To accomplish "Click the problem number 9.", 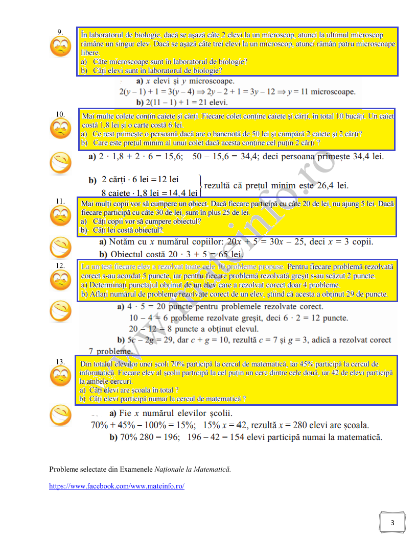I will tap(60, 32).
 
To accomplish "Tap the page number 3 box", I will tap(392, 522).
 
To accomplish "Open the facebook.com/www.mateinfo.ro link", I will tap(117, 486).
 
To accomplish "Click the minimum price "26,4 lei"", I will tap(332, 186).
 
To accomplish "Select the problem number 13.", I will tap(60, 362).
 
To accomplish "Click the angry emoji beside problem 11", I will tap(60, 217).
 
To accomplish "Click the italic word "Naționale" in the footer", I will tap(172, 469).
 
